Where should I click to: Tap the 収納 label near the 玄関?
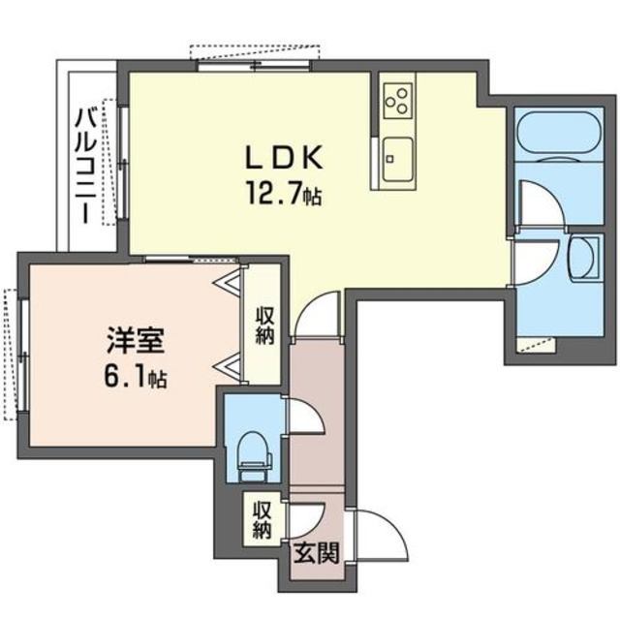262,521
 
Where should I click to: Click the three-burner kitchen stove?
396,98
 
